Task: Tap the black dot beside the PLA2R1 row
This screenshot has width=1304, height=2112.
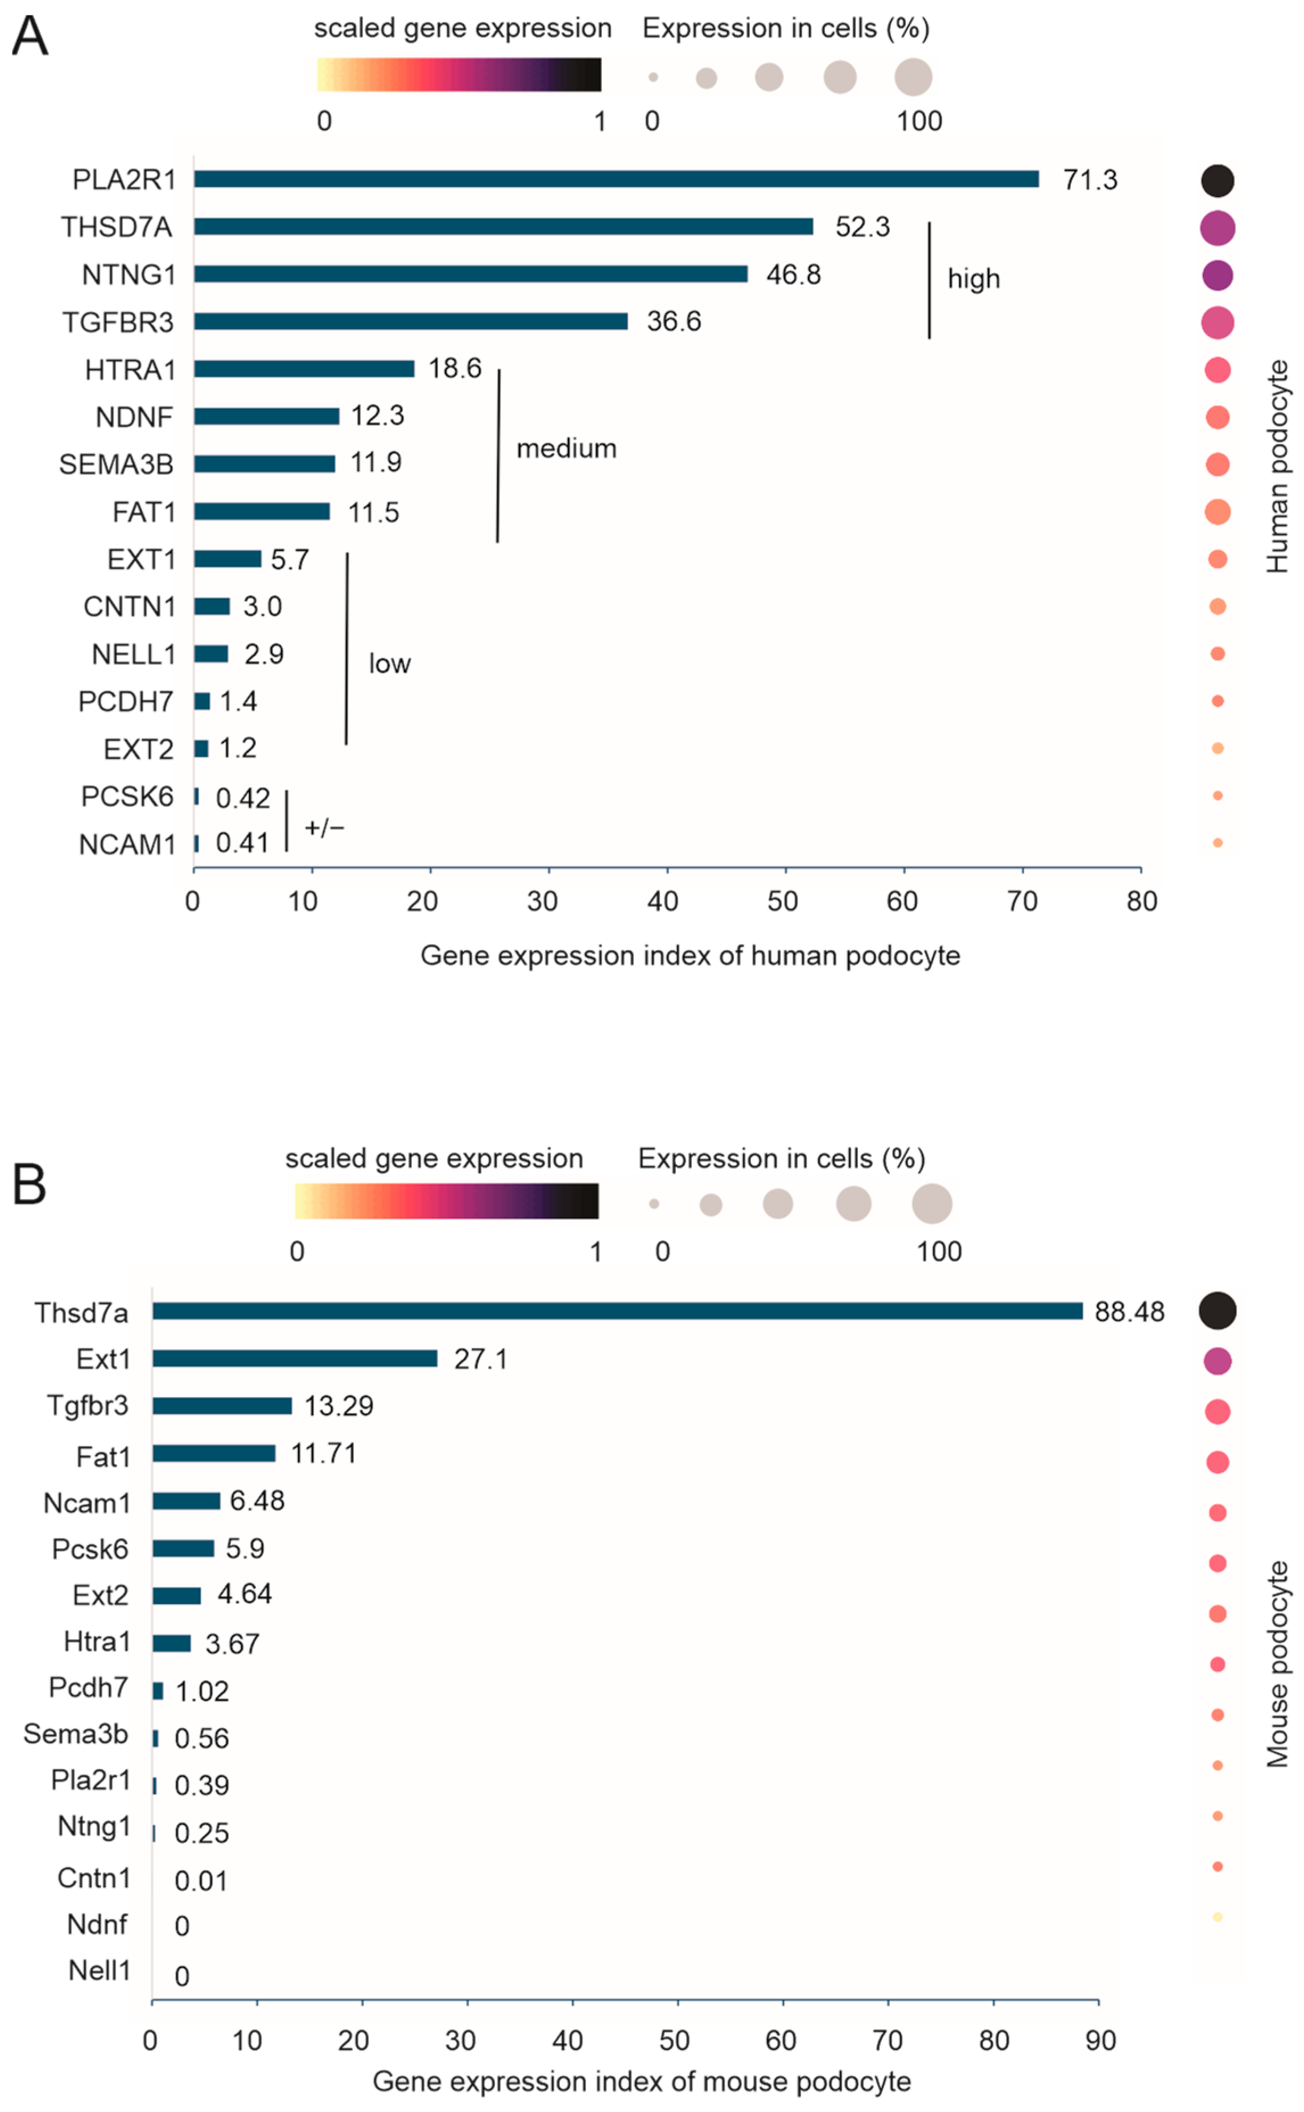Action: (x=1217, y=180)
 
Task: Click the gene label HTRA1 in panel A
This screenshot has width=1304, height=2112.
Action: (x=130, y=370)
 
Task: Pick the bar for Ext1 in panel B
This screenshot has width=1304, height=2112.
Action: (x=295, y=1359)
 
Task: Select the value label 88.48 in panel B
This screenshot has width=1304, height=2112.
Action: (x=1129, y=1312)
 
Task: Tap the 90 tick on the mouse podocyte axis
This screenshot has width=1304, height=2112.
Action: (x=1100, y=2040)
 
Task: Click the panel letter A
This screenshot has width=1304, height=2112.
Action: (x=30, y=37)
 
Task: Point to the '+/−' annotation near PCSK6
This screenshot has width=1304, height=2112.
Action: (x=324, y=827)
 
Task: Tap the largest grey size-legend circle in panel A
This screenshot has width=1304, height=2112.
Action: (x=913, y=77)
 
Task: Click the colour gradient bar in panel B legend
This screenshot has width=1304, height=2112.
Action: (x=446, y=1201)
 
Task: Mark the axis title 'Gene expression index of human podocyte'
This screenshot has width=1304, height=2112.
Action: (x=690, y=955)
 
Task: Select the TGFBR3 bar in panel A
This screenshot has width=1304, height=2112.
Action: (x=411, y=321)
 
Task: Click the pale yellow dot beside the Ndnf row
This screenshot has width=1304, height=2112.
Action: (x=1217, y=1916)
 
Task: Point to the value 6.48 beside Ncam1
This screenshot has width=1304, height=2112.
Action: (x=257, y=1501)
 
